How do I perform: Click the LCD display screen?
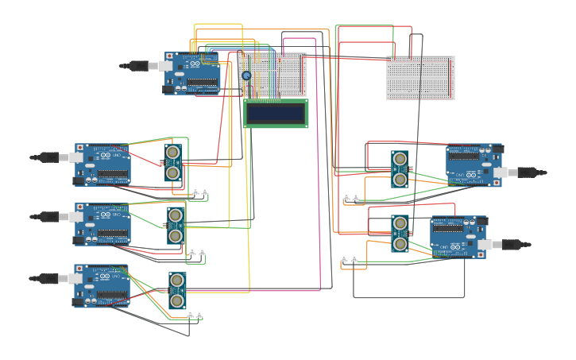[x=276, y=113]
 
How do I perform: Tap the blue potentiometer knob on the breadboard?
[x=246, y=75]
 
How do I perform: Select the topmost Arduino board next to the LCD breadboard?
[x=193, y=74]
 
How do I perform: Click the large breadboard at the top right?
[x=420, y=78]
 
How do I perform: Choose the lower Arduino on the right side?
[x=457, y=237]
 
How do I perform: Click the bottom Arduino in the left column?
[x=102, y=286]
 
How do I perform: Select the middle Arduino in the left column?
[x=103, y=224]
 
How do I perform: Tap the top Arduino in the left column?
[x=103, y=165]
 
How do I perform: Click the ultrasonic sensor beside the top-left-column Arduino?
[x=173, y=162]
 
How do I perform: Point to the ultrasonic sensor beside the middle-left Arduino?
[x=176, y=225]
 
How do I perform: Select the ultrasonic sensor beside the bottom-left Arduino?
[x=177, y=290]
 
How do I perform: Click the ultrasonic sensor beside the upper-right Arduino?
[x=400, y=169]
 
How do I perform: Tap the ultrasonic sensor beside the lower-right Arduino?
[x=400, y=233]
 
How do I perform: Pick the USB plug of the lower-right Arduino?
[x=514, y=245]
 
